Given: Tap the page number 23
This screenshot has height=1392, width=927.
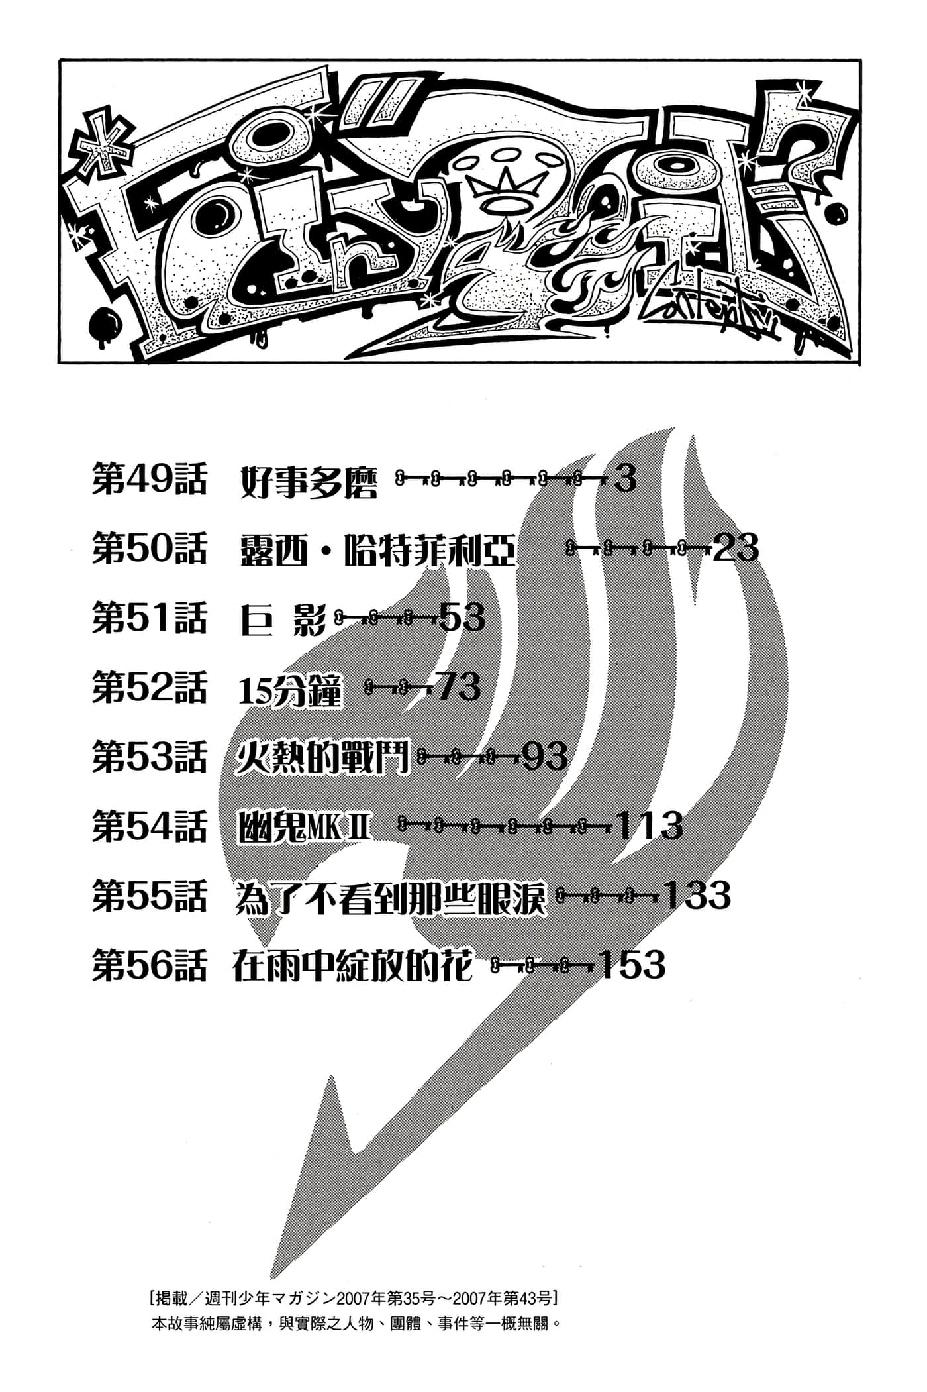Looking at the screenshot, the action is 736,549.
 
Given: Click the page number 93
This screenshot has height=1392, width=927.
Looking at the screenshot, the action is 545,757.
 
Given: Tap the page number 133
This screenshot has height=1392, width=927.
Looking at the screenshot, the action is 697,895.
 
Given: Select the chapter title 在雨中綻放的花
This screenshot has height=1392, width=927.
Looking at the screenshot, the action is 353,965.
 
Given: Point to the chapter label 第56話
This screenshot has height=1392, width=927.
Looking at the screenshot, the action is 149,965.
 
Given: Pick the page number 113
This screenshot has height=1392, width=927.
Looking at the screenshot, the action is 649,826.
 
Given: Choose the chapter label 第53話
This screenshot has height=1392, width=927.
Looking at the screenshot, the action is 149,757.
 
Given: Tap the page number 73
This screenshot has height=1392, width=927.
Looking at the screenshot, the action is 458,687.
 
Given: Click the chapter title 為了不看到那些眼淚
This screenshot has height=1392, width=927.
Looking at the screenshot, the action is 391,896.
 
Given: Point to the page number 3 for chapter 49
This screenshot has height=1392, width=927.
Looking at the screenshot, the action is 625,478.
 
